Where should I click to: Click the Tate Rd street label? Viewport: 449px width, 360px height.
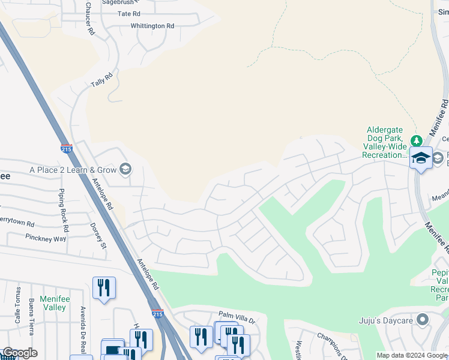(128, 14)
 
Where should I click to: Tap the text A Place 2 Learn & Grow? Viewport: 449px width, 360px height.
(73, 170)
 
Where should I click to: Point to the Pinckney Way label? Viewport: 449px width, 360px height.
(46, 238)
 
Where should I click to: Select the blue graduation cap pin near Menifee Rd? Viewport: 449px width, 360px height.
(421, 158)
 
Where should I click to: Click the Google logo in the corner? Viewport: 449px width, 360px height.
(19, 353)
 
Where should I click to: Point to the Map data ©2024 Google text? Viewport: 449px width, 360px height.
(411, 355)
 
